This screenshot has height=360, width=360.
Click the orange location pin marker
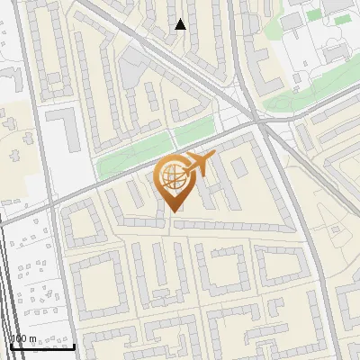174,180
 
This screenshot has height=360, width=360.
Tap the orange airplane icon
199,165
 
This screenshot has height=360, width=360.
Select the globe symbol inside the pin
173,176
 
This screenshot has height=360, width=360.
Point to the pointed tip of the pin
174,211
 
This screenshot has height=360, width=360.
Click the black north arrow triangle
180,24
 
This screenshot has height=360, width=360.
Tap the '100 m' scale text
23,338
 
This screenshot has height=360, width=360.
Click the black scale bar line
40,346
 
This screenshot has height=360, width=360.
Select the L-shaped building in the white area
62,125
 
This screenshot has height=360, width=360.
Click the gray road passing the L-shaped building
41,135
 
